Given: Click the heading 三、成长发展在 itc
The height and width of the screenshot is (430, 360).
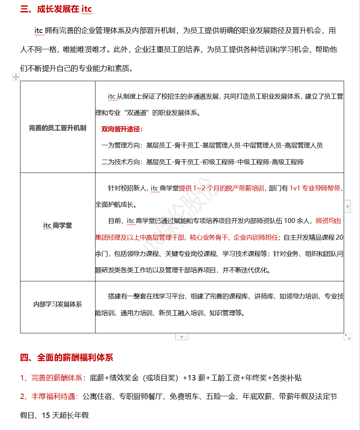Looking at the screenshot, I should pos(56,9).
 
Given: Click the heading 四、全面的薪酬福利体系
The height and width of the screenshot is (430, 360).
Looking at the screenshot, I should pos(66,358).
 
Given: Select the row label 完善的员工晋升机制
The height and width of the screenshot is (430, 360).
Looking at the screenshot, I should pos(58,128).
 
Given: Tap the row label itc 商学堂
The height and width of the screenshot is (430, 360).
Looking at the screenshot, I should pos(58,226).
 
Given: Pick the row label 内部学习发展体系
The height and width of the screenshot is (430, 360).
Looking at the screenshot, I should pos(58,304).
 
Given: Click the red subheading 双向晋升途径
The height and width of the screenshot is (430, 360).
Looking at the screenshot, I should pos(122,129).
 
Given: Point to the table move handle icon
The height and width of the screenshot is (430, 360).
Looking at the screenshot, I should pos(16,77).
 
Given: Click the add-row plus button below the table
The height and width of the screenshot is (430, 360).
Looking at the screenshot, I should pos(182,337).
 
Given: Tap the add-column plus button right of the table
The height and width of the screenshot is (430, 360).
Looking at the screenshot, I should pos(347,207).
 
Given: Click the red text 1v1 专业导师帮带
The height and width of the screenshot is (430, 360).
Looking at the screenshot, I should pos(315,188).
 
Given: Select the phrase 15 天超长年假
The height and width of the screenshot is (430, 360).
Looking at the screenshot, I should pos(65,415).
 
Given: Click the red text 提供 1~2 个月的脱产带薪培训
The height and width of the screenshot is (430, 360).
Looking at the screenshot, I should pos(222,188).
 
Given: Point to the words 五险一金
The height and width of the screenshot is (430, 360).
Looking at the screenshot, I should pos(219,397).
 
